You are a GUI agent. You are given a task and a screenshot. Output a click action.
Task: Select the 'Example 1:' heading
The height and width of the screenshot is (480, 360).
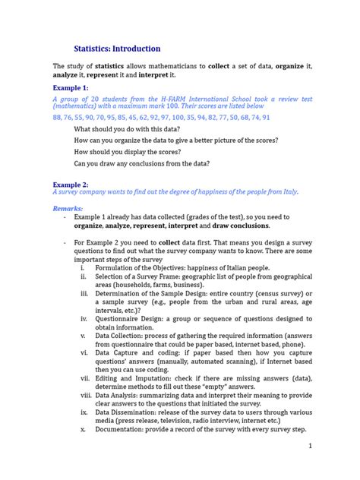[x=70, y=88]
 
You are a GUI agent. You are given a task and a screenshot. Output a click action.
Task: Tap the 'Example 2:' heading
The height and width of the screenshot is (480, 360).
[x=70, y=185]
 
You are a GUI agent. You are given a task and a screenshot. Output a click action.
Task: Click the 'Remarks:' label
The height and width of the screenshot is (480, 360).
[x=68, y=207]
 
